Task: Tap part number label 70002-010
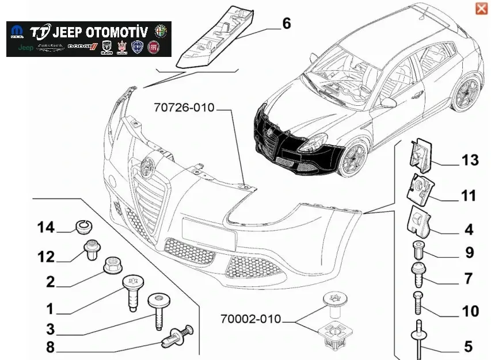250,318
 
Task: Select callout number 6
286,24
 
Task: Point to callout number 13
469,160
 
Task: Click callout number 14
47,228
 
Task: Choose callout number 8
50,347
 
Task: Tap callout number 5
468,347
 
